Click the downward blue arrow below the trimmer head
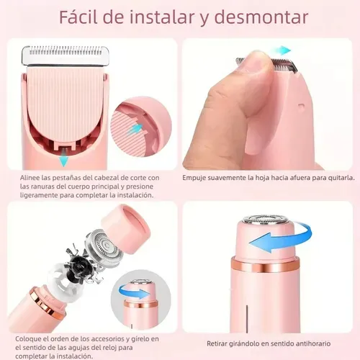64,160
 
